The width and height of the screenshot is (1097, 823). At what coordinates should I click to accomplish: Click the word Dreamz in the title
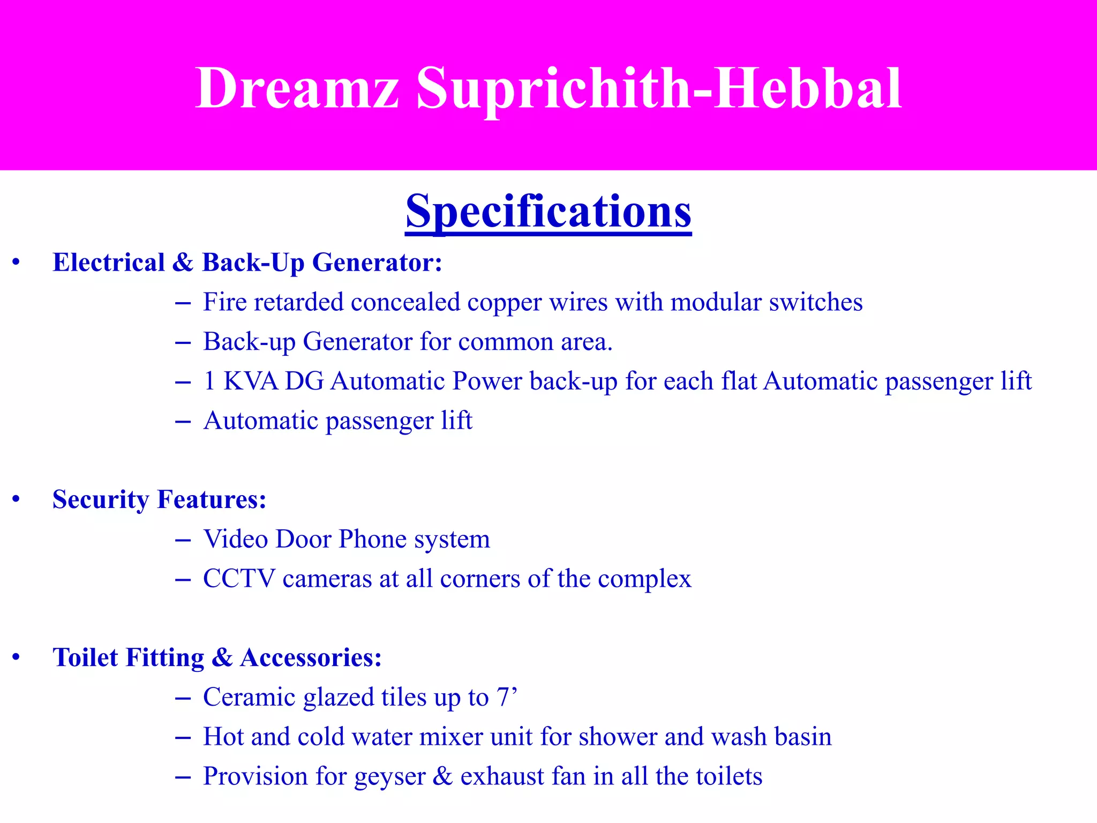pyautogui.click(x=297, y=88)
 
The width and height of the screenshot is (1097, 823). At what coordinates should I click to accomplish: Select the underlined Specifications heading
pyautogui.click(x=548, y=211)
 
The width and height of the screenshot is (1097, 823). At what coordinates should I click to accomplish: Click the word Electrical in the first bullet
pyautogui.click(x=109, y=263)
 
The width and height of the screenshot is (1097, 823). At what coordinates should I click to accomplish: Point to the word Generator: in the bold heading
pyautogui.click(x=377, y=263)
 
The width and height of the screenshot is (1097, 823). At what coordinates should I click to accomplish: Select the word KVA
pyautogui.click(x=251, y=381)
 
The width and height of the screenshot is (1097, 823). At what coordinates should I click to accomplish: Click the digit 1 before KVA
pyautogui.click(x=209, y=381)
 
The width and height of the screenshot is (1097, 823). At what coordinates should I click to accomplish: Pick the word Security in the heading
pyautogui.click(x=101, y=500)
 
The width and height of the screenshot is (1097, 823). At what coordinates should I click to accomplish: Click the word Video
pyautogui.click(x=236, y=539)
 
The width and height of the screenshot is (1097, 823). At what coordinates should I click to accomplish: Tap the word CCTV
pyautogui.click(x=239, y=579)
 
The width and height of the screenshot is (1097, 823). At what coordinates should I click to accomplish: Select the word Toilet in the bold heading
pyautogui.click(x=85, y=657)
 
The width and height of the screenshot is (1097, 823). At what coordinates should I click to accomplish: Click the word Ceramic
pyautogui.click(x=250, y=698)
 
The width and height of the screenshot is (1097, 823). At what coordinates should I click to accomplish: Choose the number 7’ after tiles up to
pyautogui.click(x=507, y=697)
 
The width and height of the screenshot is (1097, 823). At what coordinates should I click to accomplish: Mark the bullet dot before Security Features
pyautogui.click(x=17, y=499)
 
